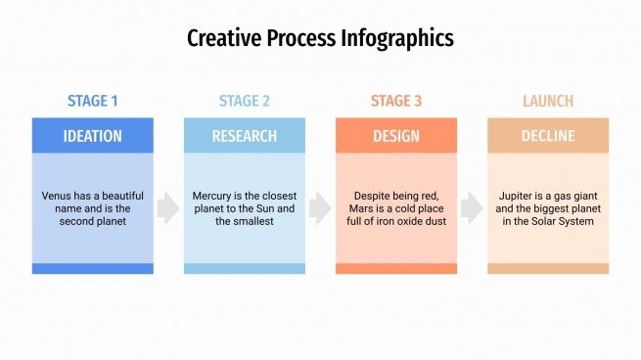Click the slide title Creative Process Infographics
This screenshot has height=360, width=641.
(x=320, y=38)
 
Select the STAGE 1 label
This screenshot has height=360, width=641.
(x=93, y=101)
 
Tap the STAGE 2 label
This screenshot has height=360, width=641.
(x=245, y=101)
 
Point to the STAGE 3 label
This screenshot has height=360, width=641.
(x=396, y=101)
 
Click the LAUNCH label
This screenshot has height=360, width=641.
(x=548, y=101)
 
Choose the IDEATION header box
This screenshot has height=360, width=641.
(x=93, y=135)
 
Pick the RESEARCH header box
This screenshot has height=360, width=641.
(x=245, y=135)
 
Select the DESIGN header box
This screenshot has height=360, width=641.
(x=396, y=135)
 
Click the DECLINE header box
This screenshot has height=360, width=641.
(x=548, y=135)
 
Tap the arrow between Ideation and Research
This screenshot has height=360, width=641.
(x=168, y=208)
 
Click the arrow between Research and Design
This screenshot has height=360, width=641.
(x=320, y=208)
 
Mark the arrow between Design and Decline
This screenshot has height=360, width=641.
(x=472, y=208)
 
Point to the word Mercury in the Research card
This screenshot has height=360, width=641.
(x=213, y=196)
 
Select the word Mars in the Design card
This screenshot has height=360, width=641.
(x=365, y=208)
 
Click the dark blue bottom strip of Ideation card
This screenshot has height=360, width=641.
(x=93, y=268)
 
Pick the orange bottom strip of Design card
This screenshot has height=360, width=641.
(x=396, y=268)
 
